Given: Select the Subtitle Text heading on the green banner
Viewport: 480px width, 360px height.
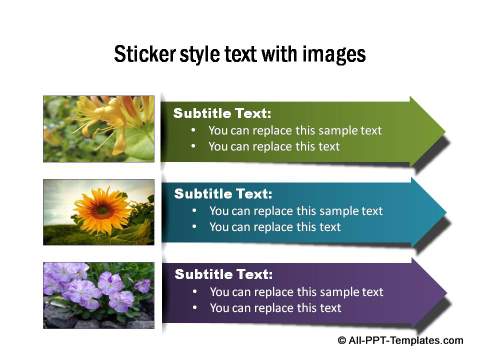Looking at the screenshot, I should click(x=222, y=113).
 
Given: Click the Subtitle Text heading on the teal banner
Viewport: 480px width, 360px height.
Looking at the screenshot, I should click(x=223, y=194).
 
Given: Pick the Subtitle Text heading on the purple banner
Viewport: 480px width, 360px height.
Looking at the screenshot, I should click(x=223, y=274).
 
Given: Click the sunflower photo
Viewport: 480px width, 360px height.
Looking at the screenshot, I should click(x=98, y=212).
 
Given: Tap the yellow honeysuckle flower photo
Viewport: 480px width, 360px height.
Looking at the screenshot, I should click(x=98, y=129).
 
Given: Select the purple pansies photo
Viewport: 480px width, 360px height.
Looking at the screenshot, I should click(x=98, y=294).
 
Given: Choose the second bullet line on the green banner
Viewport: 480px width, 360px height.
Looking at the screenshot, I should click(x=274, y=146).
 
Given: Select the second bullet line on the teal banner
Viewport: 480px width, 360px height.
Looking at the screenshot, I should click(x=274, y=227).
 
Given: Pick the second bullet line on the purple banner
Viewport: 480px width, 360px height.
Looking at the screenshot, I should click(x=274, y=308).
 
